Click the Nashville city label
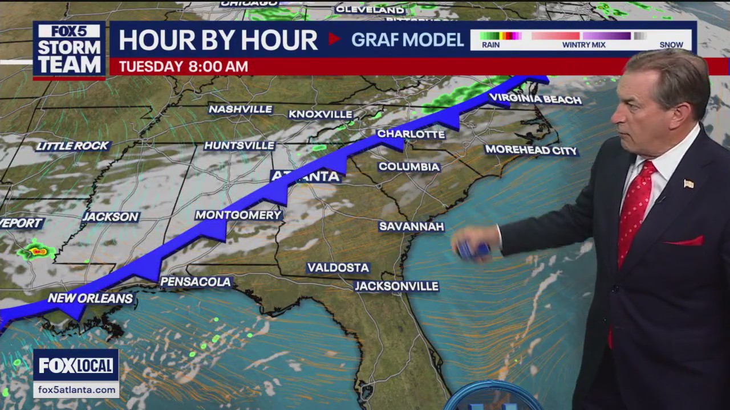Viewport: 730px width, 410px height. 240,109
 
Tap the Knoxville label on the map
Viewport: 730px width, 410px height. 321,114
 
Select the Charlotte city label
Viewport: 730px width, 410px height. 411,134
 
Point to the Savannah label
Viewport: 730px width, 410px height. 411,227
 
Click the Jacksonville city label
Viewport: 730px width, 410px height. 396,286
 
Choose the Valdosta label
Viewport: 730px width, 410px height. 338,268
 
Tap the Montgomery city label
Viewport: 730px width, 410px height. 238,215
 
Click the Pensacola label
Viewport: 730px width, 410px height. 196,282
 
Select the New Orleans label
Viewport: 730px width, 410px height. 90,298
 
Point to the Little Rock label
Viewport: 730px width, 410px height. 72,146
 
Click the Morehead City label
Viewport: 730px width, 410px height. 531,150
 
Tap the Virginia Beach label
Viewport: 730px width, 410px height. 535,100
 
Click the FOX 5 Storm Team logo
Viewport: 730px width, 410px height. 69,50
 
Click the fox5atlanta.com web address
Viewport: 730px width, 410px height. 76,390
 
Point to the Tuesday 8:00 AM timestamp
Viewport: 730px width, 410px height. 183,67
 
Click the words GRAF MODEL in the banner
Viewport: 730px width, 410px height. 407,40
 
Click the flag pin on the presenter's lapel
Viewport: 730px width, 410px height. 688,183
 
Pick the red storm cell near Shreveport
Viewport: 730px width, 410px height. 38,251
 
